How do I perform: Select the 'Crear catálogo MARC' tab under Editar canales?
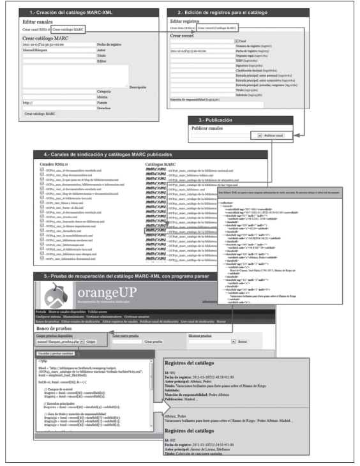click(x=67, y=29)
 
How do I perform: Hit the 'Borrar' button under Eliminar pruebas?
click(x=243, y=342)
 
